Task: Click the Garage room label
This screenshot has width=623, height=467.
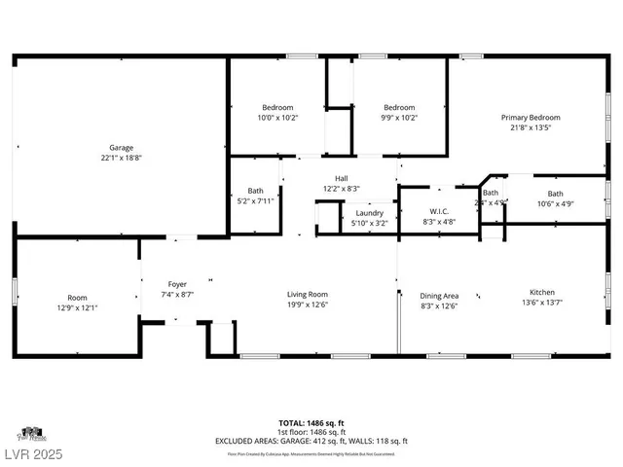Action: click(x=121, y=147)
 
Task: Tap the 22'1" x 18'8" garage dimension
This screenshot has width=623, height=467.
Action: click(x=121, y=158)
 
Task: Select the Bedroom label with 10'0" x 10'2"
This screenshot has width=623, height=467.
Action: click(x=277, y=107)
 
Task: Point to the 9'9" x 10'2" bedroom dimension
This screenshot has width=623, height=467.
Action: click(x=398, y=117)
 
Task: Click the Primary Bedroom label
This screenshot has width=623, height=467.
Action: click(x=531, y=117)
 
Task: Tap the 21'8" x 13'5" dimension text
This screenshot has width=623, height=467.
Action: click(x=531, y=127)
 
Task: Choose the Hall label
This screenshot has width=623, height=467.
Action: click(x=342, y=178)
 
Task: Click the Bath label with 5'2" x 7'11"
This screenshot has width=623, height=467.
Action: click(x=255, y=191)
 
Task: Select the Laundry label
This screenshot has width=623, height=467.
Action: click(x=369, y=213)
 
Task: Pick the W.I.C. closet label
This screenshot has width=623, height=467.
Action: click(x=438, y=211)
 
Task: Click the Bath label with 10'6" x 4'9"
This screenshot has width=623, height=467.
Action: click(x=555, y=194)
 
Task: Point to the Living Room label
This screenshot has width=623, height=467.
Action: click(x=307, y=294)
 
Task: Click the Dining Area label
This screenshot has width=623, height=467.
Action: click(x=438, y=295)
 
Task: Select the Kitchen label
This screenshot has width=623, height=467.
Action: click(x=542, y=292)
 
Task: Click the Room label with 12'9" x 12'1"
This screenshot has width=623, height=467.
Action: click(x=77, y=297)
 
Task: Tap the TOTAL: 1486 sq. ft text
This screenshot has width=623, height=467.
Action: click(x=311, y=423)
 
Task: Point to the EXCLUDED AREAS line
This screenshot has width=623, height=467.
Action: click(x=311, y=441)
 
